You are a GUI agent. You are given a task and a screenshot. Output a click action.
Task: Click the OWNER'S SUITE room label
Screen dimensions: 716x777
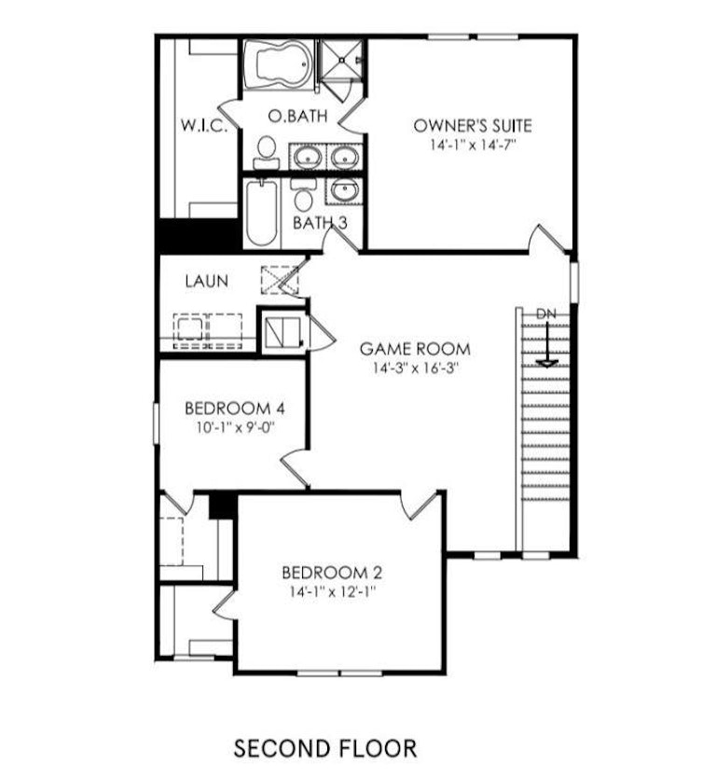coord(473,125)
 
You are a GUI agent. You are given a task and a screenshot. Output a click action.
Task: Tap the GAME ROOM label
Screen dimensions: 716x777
coord(415,349)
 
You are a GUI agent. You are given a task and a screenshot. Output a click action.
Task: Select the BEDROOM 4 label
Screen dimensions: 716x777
coord(235,409)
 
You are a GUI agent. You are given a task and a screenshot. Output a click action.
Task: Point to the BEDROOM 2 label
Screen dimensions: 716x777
coord(332,573)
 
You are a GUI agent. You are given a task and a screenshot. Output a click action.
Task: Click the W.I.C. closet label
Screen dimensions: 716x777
coord(204,125)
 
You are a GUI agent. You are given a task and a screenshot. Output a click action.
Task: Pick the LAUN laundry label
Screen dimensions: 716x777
coord(207,281)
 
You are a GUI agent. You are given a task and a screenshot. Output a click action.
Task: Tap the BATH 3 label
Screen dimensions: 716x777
coord(320,223)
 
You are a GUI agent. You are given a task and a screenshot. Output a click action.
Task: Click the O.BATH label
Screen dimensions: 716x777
coord(297,116)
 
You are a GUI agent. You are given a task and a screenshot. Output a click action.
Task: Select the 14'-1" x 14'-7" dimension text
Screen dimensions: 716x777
coord(473,146)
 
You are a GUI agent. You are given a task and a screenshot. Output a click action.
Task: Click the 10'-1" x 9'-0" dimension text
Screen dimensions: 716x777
coord(235,427)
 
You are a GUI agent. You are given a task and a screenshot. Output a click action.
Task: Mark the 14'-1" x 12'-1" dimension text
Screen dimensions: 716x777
coord(333,591)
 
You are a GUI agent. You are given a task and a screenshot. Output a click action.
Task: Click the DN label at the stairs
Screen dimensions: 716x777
coord(546,313)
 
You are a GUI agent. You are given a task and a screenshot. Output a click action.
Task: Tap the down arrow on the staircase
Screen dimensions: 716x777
coord(546,344)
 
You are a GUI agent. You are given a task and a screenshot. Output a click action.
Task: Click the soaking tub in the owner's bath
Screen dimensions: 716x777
coord(278,65)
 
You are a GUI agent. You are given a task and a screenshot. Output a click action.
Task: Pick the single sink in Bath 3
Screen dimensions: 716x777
coord(345,190)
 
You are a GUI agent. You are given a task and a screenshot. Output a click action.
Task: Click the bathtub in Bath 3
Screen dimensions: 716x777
coord(261,213)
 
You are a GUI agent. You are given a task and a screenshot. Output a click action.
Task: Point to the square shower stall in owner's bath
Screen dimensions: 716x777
coord(340,60)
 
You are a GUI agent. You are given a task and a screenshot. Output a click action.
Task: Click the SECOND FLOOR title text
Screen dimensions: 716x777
coord(325,748)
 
